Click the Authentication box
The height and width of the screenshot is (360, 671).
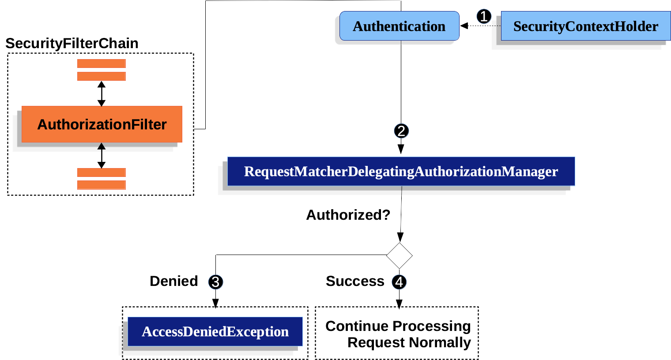399,26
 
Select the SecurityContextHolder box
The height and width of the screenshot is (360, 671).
585,26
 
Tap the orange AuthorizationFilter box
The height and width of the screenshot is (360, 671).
102,124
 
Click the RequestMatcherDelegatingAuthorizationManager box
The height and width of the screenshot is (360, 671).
401,171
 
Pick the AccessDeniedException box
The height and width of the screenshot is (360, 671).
215,331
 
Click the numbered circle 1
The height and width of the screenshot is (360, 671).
484,17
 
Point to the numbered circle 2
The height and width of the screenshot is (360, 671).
401,131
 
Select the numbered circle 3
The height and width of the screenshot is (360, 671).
215,282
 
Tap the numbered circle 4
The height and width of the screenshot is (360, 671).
399,282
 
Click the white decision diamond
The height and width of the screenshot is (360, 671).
399,255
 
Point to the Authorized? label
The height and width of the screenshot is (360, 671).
348,215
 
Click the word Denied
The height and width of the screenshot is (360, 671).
173,281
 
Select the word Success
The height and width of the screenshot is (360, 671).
355,281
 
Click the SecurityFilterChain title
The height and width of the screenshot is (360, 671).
72,43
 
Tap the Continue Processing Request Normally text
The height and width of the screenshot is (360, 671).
398,334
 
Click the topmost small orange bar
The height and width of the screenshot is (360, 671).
102,64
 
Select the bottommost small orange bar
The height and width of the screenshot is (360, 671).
102,185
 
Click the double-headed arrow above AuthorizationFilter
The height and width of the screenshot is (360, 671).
102,94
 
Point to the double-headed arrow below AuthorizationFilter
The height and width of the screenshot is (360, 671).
102,155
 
